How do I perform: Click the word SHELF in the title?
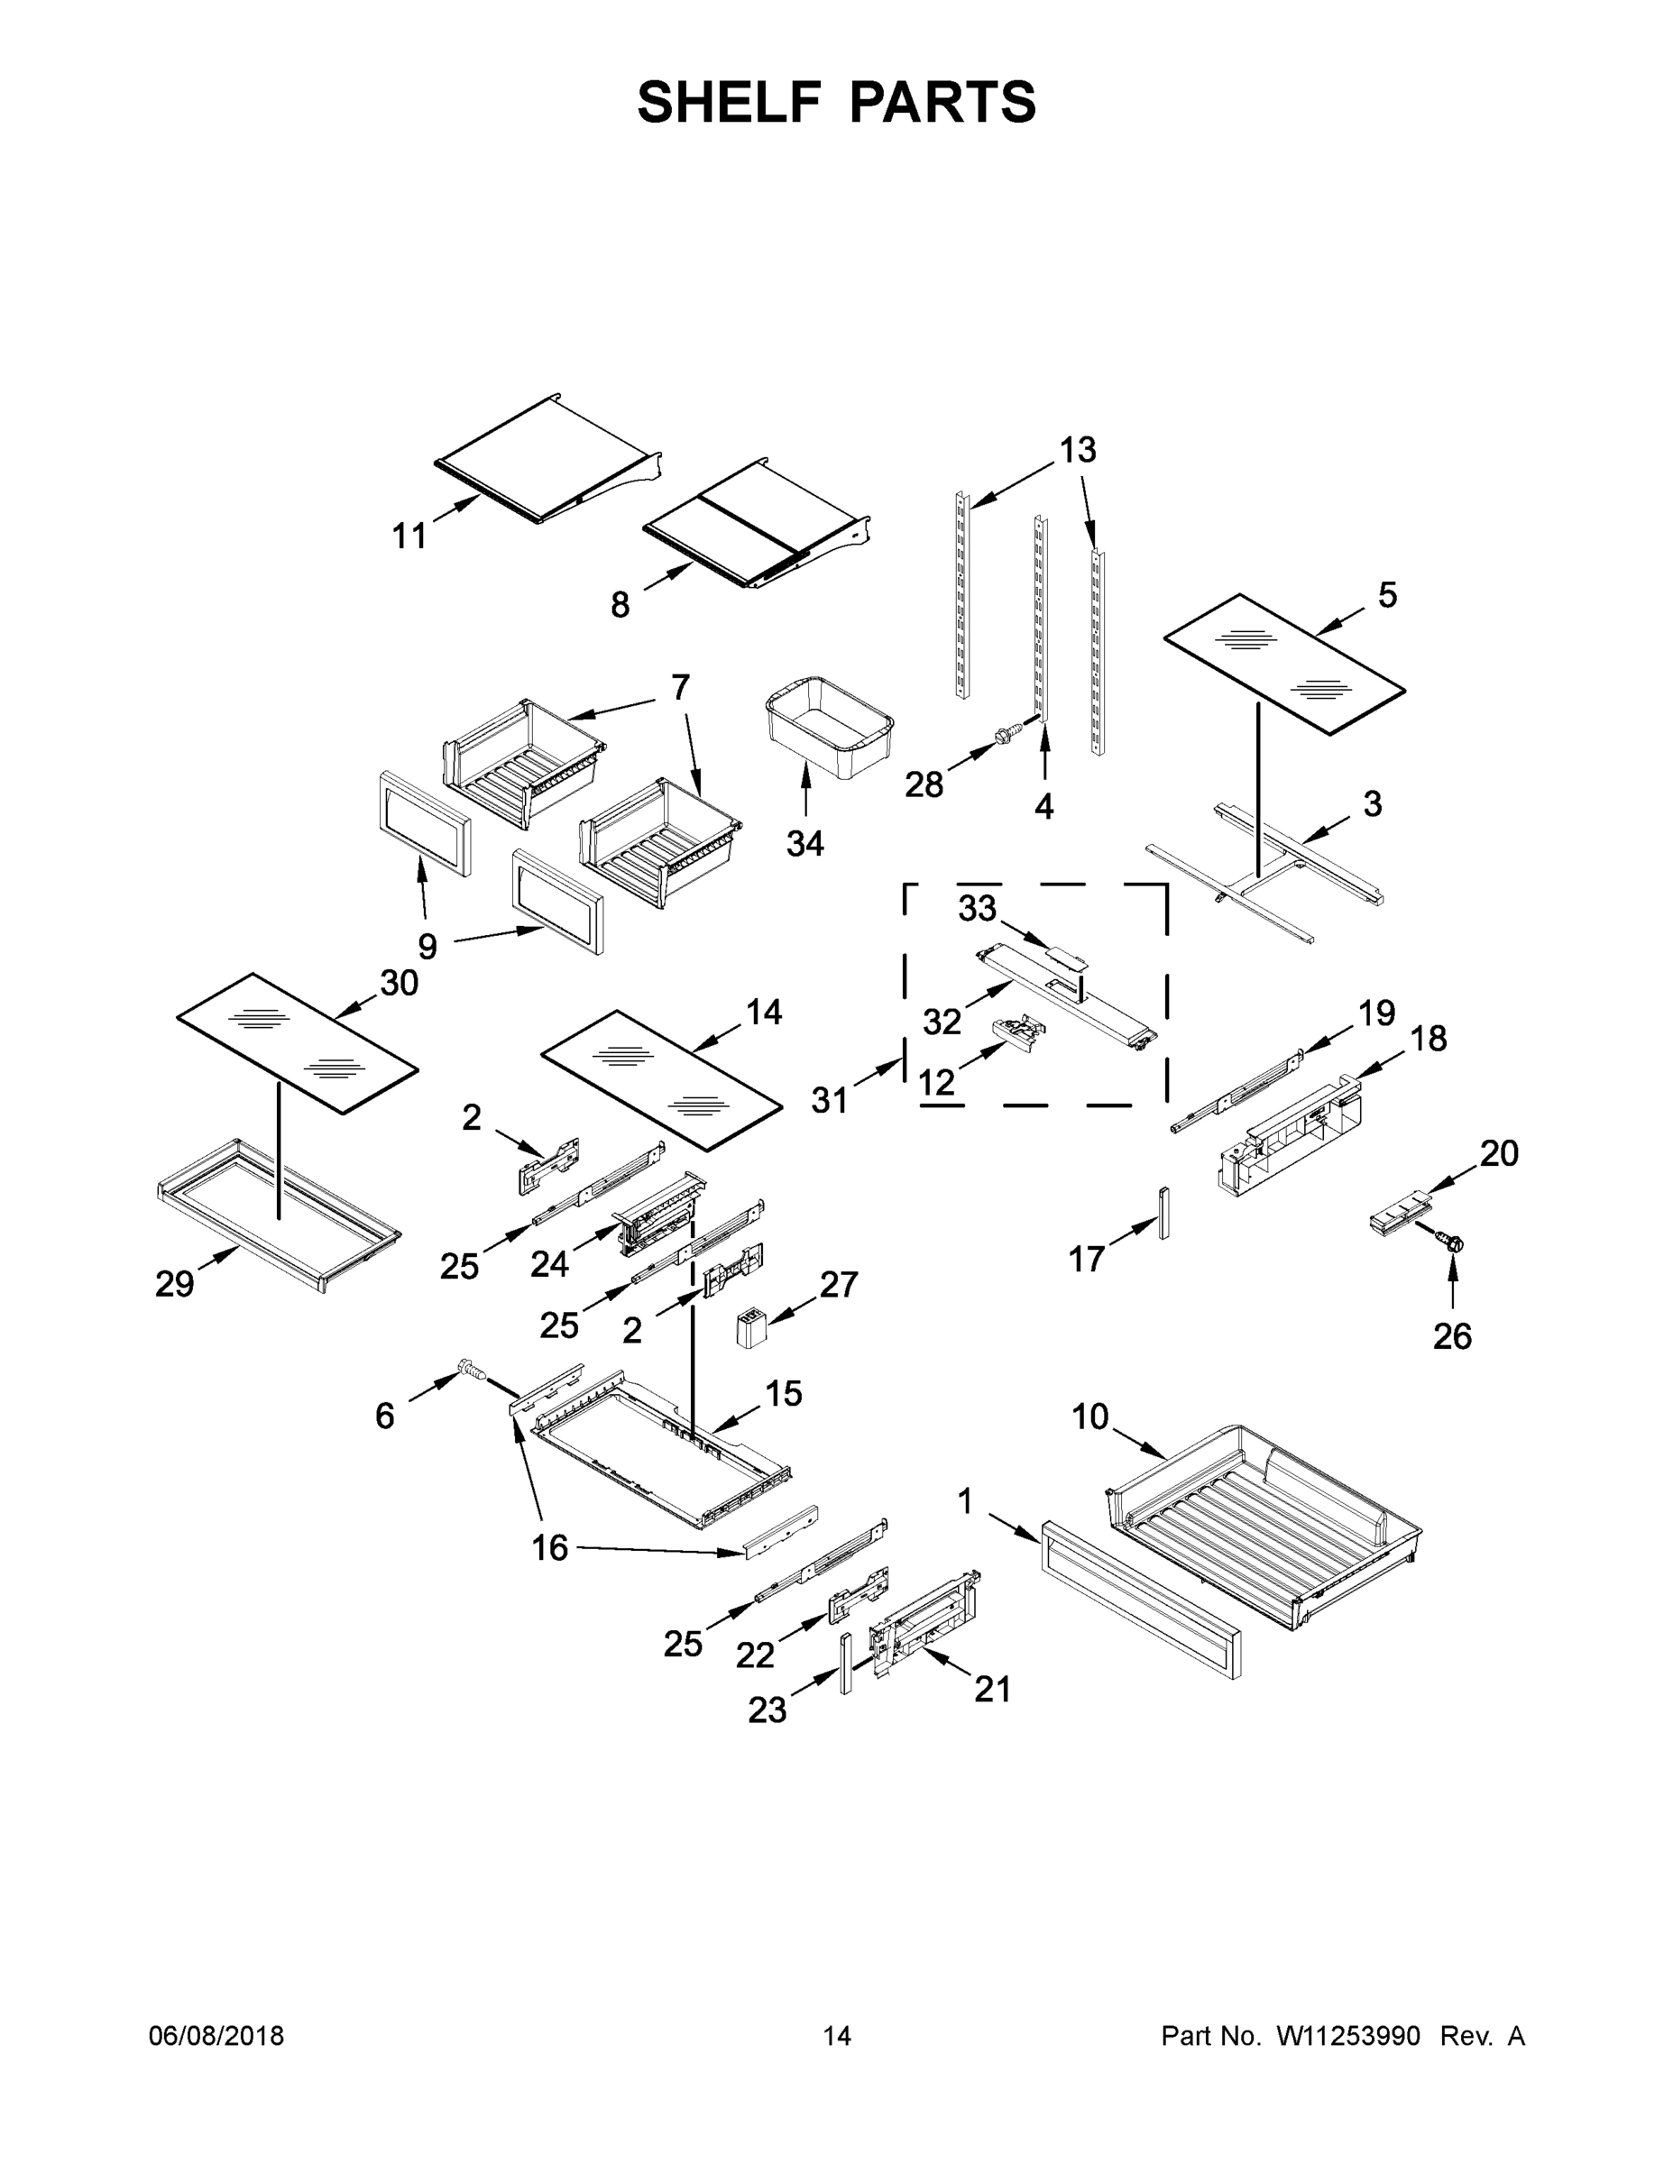(730, 102)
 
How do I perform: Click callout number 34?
(804, 843)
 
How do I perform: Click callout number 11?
(409, 536)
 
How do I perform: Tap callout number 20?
(1500, 1153)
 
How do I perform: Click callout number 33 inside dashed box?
(978, 908)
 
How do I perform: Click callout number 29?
(174, 1284)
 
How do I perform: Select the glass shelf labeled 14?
(660, 1079)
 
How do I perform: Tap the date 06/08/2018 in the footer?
(216, 2035)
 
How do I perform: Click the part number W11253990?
(1348, 2035)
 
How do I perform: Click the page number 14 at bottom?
(837, 2035)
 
